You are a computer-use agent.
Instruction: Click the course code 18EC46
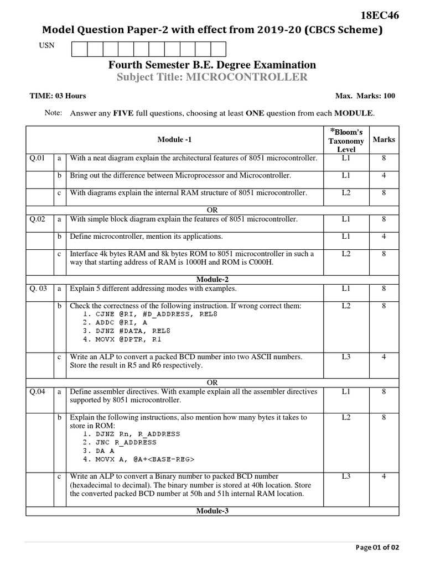(379, 15)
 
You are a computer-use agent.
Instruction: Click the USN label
(46, 45)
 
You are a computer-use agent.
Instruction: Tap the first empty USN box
(79, 49)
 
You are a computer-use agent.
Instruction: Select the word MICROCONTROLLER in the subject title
(246, 77)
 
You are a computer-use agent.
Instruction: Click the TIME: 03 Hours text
(58, 96)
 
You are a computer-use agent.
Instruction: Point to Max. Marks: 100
(365, 96)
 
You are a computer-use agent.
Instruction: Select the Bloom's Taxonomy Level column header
(346, 140)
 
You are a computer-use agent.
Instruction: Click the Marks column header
(383, 139)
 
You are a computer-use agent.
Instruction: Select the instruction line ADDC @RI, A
(115, 321)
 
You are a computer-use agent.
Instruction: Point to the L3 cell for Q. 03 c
(346, 357)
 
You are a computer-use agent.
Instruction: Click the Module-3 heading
(212, 511)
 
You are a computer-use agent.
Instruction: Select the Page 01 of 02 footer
(377, 547)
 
